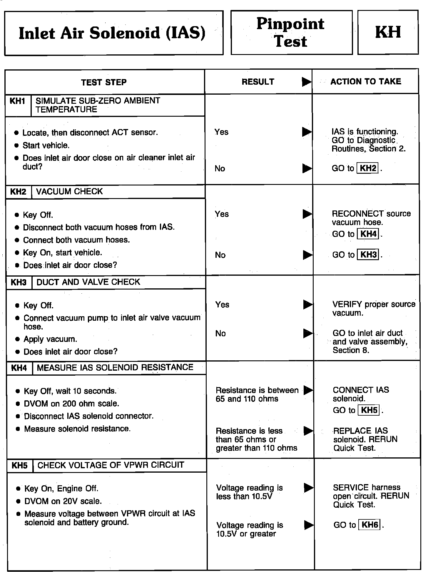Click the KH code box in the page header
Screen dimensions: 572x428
[388, 32]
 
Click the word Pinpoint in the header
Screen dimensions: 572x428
[290, 24]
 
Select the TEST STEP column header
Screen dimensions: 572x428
[104, 82]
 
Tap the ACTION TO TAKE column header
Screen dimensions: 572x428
[366, 81]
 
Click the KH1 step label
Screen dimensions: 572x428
[18, 101]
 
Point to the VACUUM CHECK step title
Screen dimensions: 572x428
[69, 192]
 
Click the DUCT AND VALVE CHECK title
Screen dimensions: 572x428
[88, 282]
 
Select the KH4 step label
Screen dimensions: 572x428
[19, 368]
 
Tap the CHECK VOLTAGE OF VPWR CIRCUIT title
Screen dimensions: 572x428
[111, 465]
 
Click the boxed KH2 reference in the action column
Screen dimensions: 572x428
[368, 168]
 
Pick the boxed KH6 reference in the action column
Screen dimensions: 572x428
[370, 525]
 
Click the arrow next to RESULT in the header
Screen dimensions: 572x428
[307, 82]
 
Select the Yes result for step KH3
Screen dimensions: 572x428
[222, 305]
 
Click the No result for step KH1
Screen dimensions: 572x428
[220, 169]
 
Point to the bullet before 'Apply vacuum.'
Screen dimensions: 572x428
[18, 339]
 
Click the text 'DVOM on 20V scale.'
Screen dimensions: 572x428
[63, 501]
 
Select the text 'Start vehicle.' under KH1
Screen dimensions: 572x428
[46, 145]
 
